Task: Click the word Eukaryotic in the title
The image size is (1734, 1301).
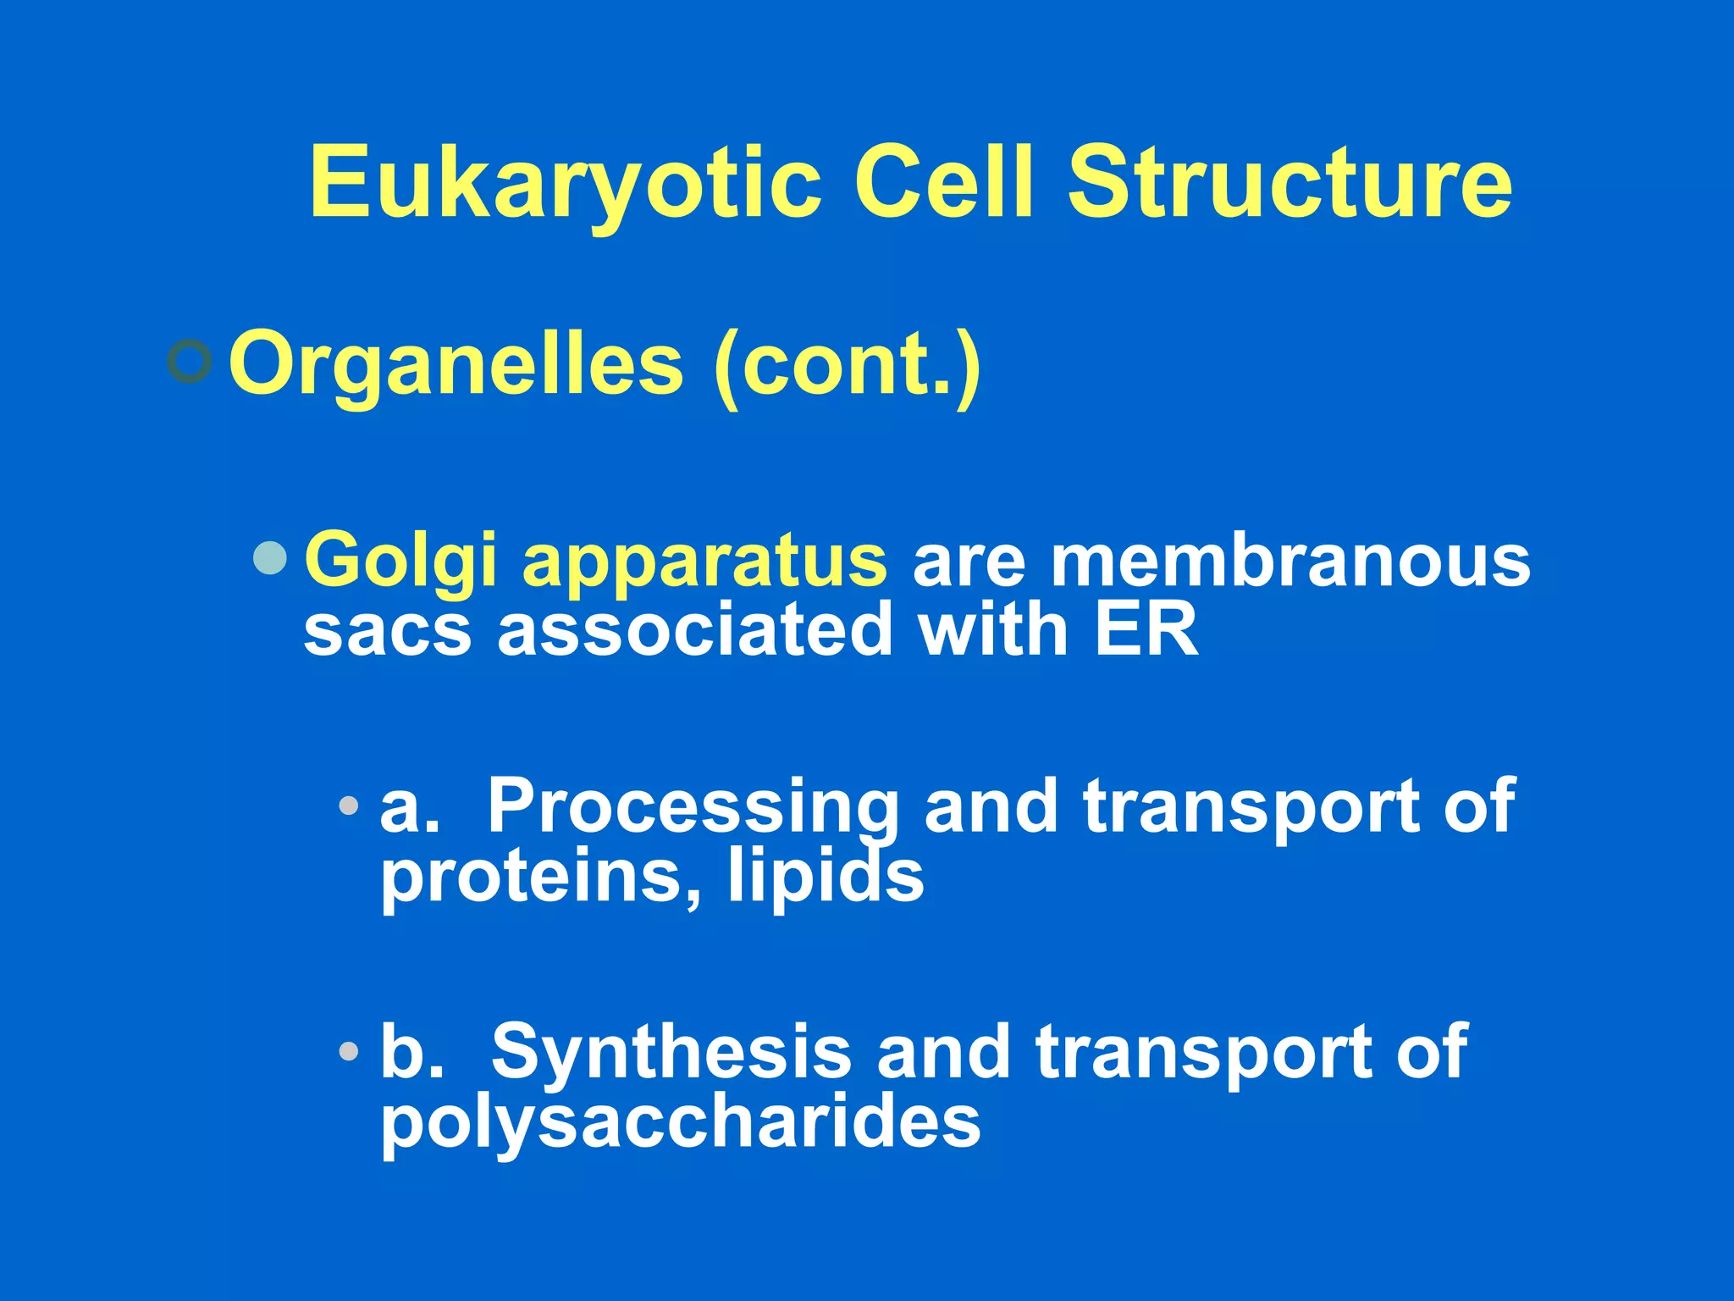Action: tap(565, 183)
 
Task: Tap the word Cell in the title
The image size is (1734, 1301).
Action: tap(943, 181)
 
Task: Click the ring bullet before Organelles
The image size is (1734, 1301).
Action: tap(189, 362)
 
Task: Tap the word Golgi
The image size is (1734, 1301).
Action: tap(400, 561)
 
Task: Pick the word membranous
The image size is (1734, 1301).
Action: tap(1290, 560)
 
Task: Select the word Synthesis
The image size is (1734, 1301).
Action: tap(671, 1051)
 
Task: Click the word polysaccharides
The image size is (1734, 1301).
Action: tap(680, 1122)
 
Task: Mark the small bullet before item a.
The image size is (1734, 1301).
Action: tap(348, 806)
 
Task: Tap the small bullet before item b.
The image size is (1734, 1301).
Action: tap(348, 1051)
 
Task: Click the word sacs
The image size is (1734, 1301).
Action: tap(387, 631)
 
